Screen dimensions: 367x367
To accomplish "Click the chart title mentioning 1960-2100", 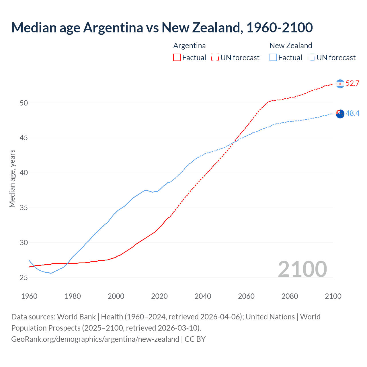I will click(162, 28).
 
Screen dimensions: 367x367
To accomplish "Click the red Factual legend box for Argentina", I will click(177, 57).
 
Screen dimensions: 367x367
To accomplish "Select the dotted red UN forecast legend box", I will click(215, 57).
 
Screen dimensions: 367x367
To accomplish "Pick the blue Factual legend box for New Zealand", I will click(273, 57).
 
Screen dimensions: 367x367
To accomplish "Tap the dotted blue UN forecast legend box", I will click(311, 57).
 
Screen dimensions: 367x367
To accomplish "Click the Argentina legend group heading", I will click(190, 46).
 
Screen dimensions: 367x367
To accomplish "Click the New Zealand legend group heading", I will click(291, 46).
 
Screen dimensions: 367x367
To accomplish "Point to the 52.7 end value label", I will click(352, 83).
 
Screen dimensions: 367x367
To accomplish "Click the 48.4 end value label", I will click(352, 114).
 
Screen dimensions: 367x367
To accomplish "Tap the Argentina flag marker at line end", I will click(340, 84).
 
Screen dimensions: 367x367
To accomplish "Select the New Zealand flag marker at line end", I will click(340, 114).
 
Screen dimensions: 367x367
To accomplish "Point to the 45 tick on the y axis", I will click(24, 138).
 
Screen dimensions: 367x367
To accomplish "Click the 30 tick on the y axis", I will click(24, 243).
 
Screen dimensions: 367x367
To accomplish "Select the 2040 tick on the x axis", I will click(203, 296).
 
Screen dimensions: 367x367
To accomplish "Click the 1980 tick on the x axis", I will click(73, 296).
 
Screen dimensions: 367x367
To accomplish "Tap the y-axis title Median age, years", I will click(12, 178).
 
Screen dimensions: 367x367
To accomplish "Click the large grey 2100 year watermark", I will click(302, 269).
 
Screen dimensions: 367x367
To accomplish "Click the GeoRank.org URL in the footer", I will click(95, 339).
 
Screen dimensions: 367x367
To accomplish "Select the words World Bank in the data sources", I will click(76, 317).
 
